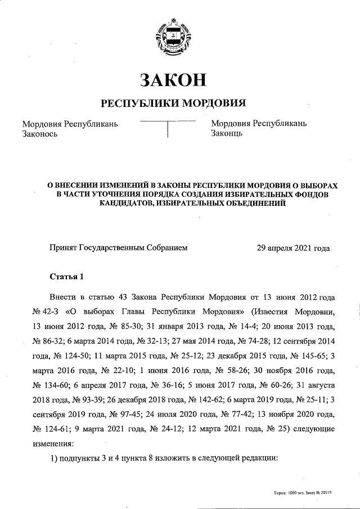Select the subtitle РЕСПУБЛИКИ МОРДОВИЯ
point(173,103)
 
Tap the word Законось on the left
point(40,133)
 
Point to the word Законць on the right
point(227,133)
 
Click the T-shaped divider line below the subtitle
point(168,127)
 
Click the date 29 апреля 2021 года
point(293,247)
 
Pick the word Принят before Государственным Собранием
point(63,247)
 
